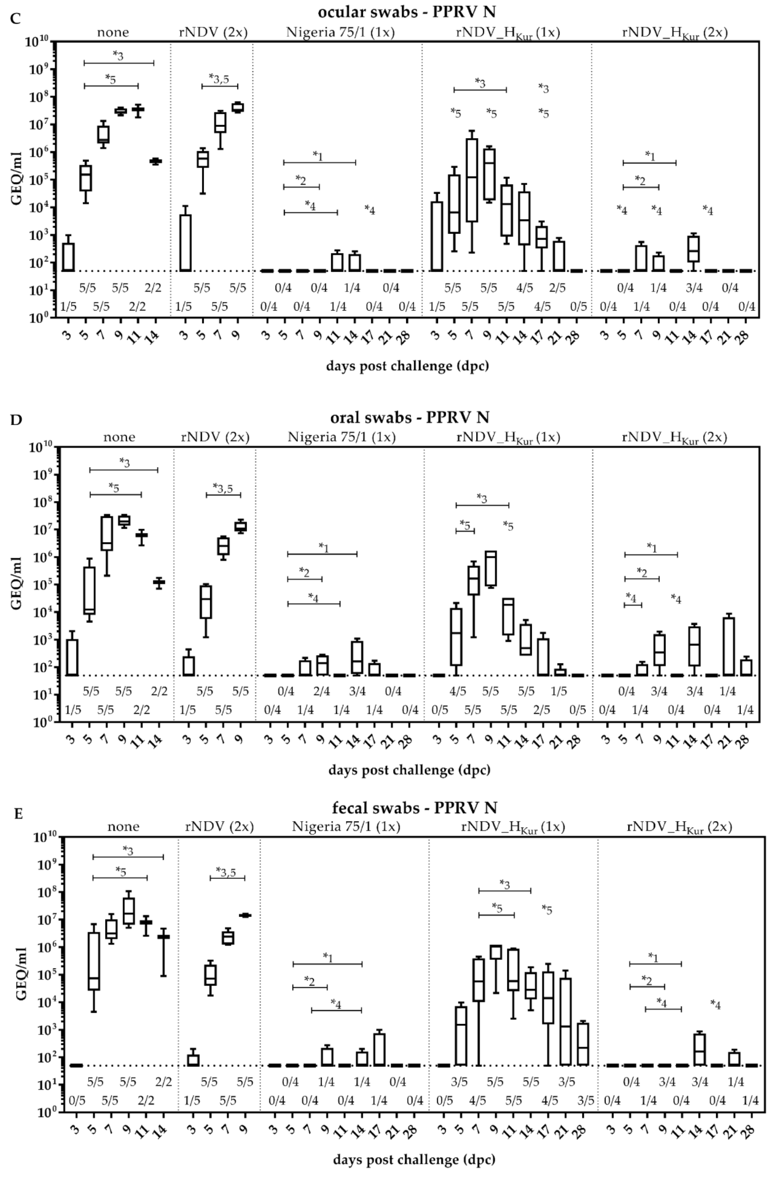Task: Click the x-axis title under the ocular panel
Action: coord(407,366)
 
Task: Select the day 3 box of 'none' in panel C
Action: coord(68,257)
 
